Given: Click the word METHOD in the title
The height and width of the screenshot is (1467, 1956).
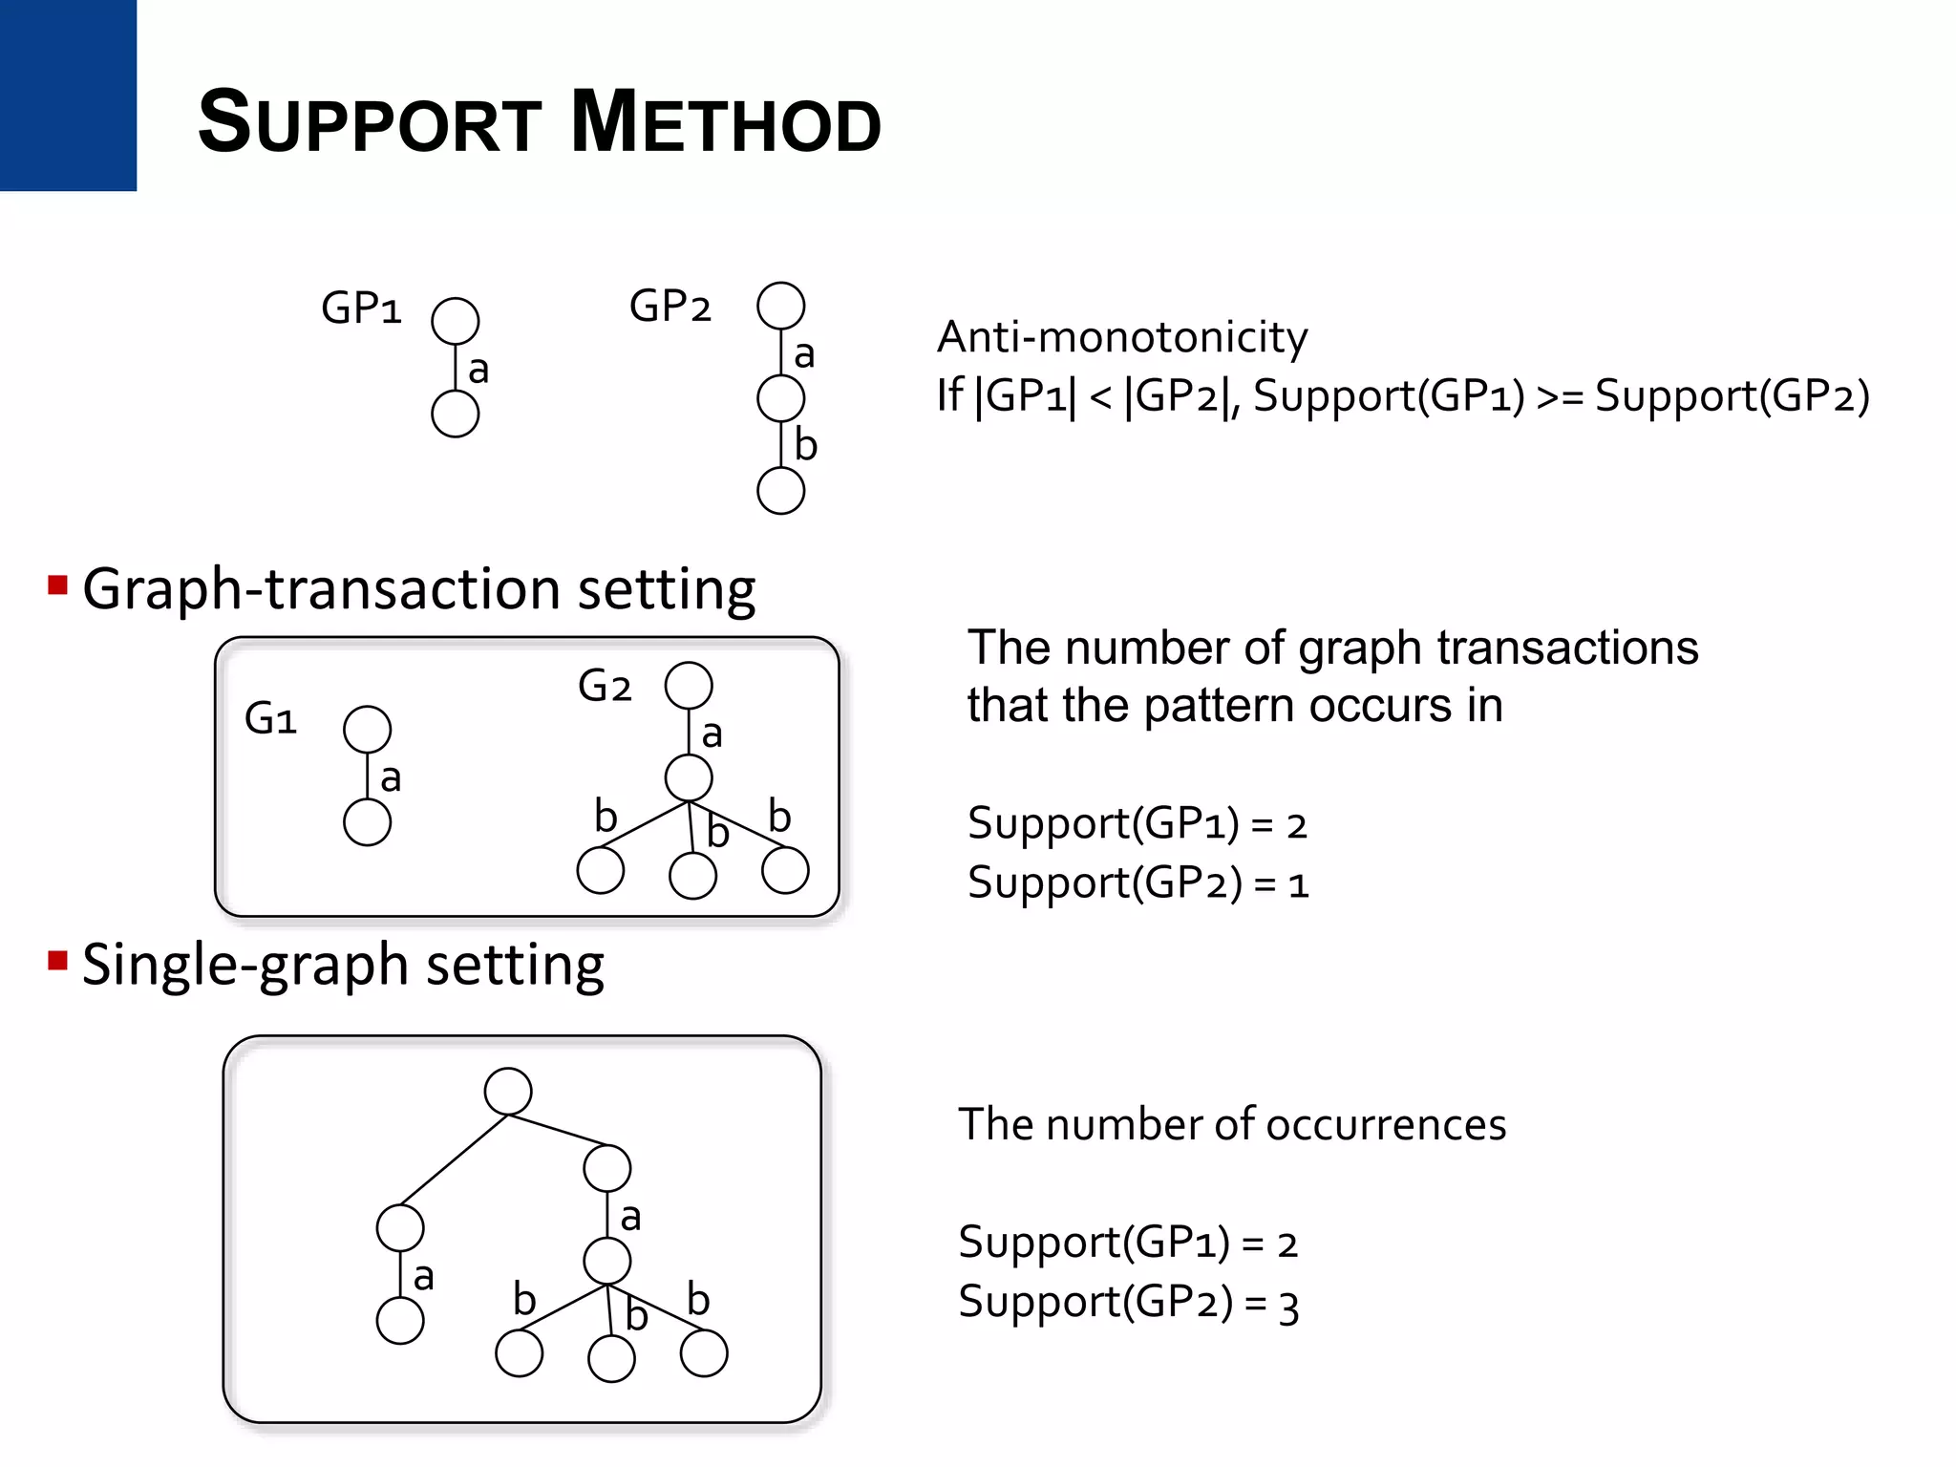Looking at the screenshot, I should tap(726, 122).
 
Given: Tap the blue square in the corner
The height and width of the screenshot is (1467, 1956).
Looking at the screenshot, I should tap(68, 95).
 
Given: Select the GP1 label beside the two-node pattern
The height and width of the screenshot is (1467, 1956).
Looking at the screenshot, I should tap(361, 308).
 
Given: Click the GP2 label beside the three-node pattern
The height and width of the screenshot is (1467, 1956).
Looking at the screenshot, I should tap(670, 307).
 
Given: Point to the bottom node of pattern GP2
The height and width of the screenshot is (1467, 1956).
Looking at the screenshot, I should tap(780, 491).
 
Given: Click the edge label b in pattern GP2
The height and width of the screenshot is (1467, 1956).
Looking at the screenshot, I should tap(806, 445).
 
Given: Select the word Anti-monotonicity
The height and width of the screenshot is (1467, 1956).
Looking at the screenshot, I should tap(1121, 337).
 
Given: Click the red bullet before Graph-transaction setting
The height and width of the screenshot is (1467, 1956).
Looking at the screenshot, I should tap(57, 585).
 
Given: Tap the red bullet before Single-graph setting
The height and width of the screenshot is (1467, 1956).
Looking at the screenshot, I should tap(57, 960).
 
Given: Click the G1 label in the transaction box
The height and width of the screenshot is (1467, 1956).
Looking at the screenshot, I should tap(270, 719).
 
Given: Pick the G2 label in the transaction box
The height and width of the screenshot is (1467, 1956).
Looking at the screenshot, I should tap(605, 687).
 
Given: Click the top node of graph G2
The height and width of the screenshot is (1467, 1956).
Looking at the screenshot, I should tap(689, 685).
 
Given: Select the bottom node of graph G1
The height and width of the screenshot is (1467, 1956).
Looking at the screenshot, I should tap(367, 822).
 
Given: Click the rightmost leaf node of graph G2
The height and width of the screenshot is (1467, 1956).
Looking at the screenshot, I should tap(785, 870).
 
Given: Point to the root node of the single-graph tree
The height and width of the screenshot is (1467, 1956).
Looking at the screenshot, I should tap(508, 1091).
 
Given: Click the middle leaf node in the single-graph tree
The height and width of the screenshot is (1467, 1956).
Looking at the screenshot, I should tap(611, 1358).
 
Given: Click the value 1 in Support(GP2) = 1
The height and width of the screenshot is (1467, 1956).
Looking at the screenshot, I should tap(1298, 884).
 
